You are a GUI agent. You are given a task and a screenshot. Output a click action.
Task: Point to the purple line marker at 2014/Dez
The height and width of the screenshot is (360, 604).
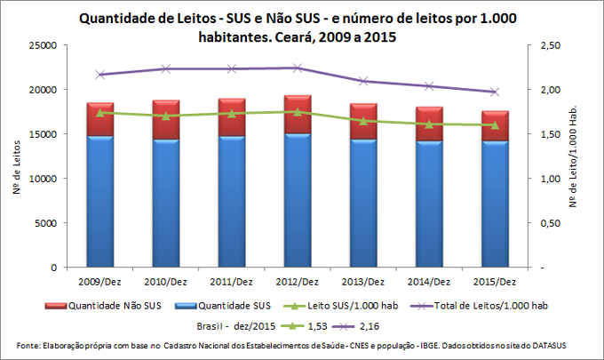tap(429, 86)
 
